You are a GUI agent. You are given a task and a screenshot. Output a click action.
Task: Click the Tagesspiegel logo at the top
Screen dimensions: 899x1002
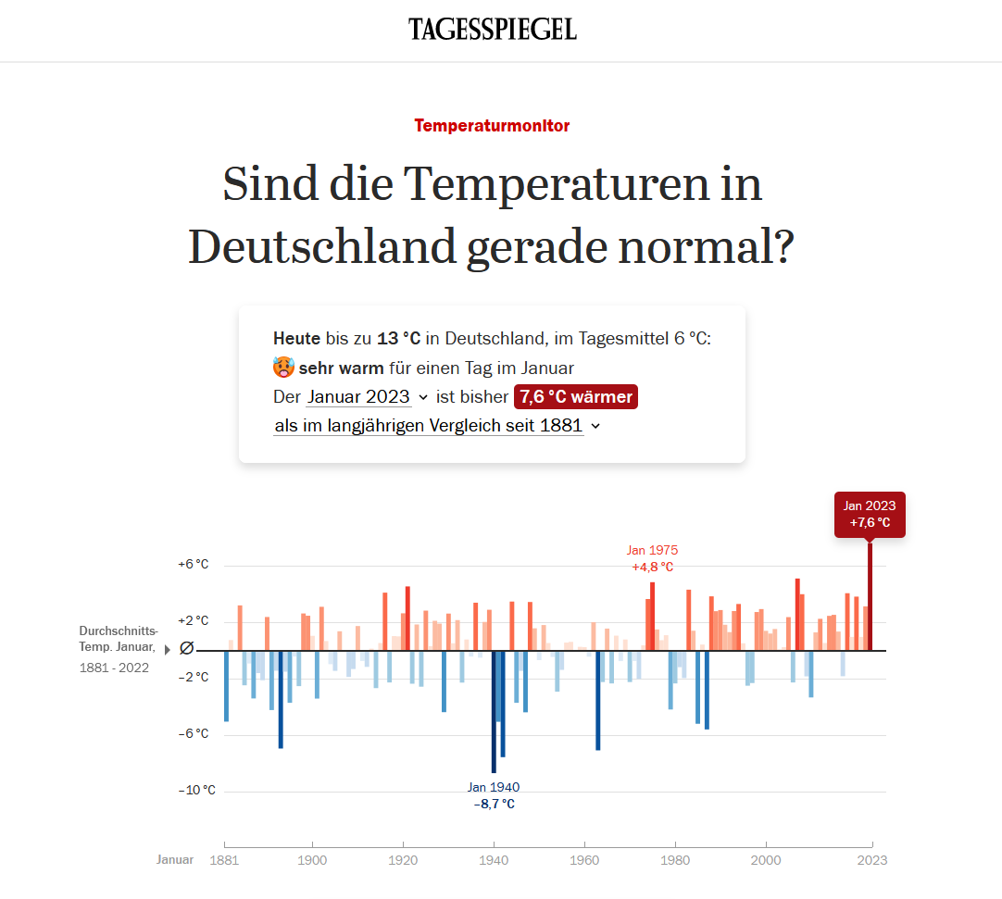click(493, 30)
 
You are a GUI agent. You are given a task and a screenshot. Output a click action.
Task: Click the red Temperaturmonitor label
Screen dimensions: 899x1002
click(492, 126)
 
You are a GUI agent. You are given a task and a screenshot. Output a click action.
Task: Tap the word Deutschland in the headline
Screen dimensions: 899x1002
click(322, 246)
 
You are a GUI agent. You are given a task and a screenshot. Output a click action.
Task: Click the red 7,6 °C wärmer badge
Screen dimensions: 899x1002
click(576, 397)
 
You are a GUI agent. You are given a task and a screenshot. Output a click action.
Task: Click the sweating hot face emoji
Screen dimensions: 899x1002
click(283, 368)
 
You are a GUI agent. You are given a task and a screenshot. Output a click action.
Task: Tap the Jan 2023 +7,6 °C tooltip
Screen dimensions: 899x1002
click(869, 515)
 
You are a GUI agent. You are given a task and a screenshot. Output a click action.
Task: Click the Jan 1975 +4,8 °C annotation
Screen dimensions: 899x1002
click(653, 558)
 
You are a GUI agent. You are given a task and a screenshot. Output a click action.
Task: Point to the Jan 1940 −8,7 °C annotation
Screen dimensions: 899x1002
click(494, 795)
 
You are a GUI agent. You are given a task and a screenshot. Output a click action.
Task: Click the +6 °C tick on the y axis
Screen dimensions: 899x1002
click(194, 565)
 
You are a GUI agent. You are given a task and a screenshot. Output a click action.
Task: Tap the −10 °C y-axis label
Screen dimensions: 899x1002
click(196, 791)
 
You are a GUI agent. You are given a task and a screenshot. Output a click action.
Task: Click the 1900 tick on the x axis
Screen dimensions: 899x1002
click(313, 860)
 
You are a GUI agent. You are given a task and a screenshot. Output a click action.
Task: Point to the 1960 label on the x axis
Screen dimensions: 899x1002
click(584, 860)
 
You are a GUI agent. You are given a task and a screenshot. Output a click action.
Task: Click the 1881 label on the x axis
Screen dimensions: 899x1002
click(224, 860)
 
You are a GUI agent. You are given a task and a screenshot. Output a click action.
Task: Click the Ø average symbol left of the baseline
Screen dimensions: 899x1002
click(186, 649)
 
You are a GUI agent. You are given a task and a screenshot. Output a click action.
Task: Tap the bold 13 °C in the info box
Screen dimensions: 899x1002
click(399, 339)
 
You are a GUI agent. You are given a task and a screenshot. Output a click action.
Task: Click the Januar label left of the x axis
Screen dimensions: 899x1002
click(175, 860)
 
